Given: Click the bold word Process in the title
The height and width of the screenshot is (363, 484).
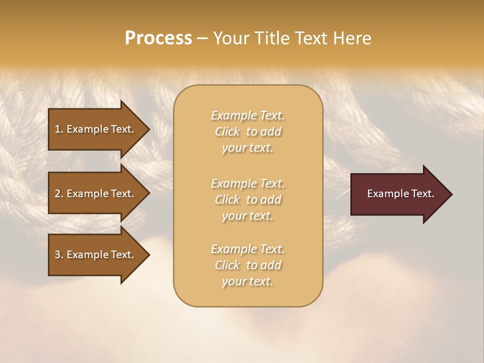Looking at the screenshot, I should coord(158,38).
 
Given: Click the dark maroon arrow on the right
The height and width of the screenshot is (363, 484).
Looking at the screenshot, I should coord(398,194).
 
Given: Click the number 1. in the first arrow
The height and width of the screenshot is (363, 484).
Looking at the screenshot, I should coord(59,129).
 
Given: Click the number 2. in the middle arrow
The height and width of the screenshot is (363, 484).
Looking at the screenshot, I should coord(59,194).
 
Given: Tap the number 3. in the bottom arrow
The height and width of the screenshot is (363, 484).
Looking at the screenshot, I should coord(59,255).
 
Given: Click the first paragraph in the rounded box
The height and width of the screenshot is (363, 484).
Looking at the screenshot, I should coord(248,132).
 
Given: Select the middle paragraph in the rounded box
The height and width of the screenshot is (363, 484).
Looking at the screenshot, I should coord(248,200).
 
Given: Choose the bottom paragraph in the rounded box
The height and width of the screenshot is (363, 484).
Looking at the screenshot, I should coord(248,265).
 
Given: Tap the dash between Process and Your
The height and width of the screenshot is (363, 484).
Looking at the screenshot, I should coord(202,38).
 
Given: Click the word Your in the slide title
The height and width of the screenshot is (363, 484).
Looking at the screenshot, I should coord(229,38).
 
